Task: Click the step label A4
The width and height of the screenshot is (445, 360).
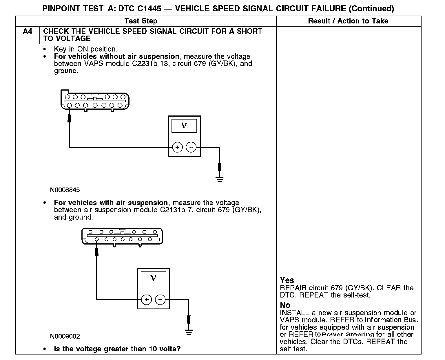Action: (x=28, y=31)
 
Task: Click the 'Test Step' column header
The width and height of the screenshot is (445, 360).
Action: (x=141, y=21)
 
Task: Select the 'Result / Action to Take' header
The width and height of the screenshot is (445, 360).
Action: (x=348, y=21)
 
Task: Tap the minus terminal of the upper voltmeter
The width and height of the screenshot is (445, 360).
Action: (x=191, y=147)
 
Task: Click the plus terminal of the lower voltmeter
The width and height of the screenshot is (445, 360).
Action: (x=146, y=300)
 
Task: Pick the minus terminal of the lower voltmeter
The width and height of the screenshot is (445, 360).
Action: (x=161, y=300)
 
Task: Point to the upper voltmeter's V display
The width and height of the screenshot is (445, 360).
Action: (x=184, y=126)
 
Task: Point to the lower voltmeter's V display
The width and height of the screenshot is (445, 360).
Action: (x=153, y=278)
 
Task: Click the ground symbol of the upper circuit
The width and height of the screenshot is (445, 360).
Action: (x=220, y=179)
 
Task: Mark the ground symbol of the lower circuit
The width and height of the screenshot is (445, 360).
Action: (x=189, y=332)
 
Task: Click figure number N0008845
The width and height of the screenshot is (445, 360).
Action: (x=65, y=190)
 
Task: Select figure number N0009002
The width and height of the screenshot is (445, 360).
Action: (x=65, y=336)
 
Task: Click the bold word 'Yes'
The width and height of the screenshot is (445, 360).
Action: (x=287, y=280)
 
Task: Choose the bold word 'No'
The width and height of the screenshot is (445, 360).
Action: (x=285, y=305)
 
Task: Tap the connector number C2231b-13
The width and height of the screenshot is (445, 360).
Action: (x=150, y=64)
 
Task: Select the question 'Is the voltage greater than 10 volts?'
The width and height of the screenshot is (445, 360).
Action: (x=117, y=349)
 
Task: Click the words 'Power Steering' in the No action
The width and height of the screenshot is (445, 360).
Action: (x=348, y=335)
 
